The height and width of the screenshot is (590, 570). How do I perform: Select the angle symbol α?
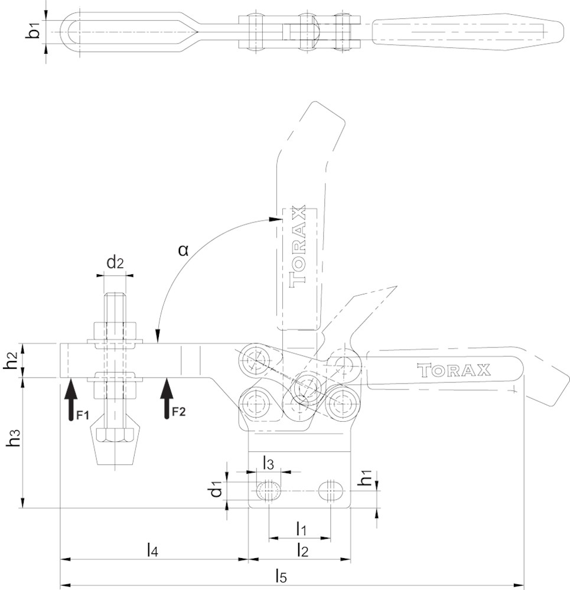(184, 250)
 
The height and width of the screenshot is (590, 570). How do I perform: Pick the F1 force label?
(82, 415)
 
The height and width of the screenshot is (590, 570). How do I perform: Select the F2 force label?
(178, 411)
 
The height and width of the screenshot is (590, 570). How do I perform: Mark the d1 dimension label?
(217, 489)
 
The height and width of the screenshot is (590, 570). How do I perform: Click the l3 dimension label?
(268, 464)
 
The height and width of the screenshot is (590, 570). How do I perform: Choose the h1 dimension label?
(367, 481)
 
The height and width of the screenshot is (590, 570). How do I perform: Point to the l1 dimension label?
(301, 529)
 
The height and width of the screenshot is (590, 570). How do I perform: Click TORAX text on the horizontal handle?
(454, 371)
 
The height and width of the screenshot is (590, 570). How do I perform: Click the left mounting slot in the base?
(269, 490)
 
